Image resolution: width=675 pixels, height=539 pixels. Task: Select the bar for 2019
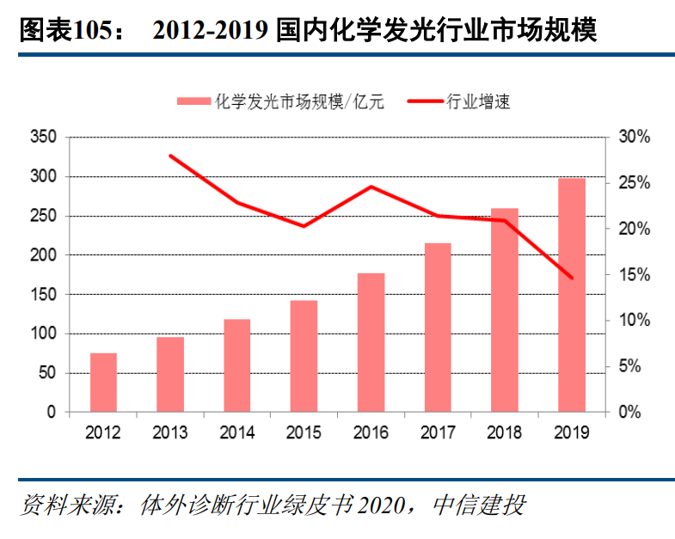572,295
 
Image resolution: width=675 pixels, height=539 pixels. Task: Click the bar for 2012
103,383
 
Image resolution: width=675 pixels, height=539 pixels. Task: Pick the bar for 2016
371,342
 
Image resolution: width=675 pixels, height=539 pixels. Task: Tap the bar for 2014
237,365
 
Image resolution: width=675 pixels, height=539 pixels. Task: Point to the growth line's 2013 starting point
170,156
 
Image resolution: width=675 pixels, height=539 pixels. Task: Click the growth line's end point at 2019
572,278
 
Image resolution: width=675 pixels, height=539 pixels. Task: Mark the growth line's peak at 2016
371,187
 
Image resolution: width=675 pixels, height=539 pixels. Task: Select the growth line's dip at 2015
304,226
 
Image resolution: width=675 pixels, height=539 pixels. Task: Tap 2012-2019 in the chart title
211,32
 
